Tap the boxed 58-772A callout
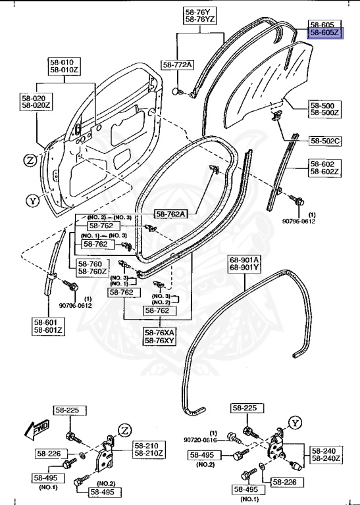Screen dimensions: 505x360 tap(178, 64)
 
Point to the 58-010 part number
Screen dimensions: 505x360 tap(61, 62)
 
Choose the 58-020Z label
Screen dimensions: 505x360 tap(36, 105)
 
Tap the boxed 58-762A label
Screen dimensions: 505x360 tap(170, 213)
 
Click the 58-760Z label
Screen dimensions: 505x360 tap(91, 271)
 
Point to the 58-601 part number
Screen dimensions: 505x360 tap(47, 322)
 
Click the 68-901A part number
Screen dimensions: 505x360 tap(245, 259)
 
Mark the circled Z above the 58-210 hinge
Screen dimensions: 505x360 tap(124, 430)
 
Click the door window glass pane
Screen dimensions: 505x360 tap(263, 82)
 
